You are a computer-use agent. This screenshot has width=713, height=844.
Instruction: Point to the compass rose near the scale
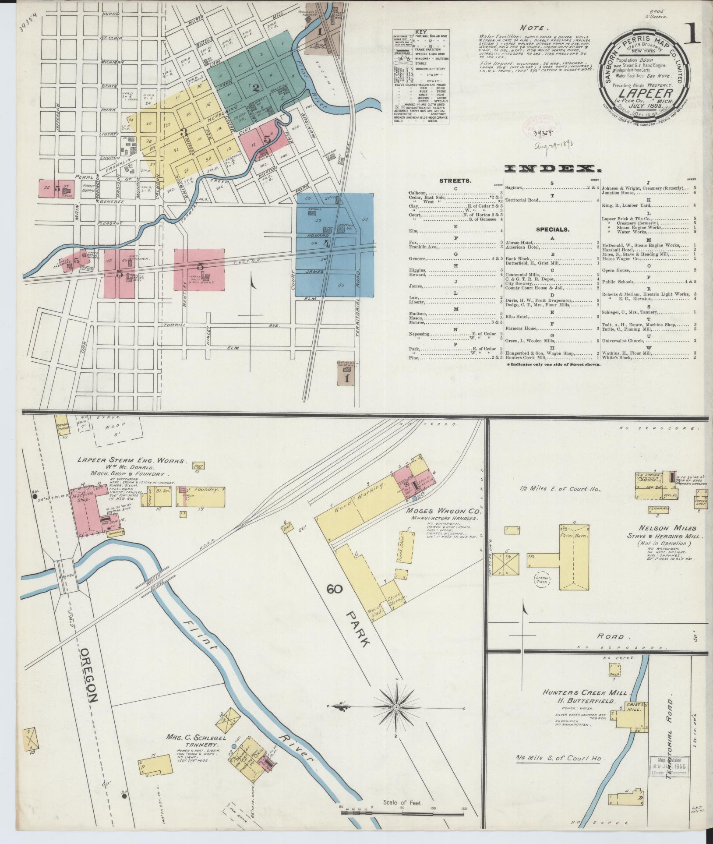pyautogui.click(x=396, y=707)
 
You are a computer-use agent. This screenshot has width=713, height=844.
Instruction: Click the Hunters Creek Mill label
pyautogui.click(x=586, y=693)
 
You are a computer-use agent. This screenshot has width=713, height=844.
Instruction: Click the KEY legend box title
pyautogui.click(x=421, y=32)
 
